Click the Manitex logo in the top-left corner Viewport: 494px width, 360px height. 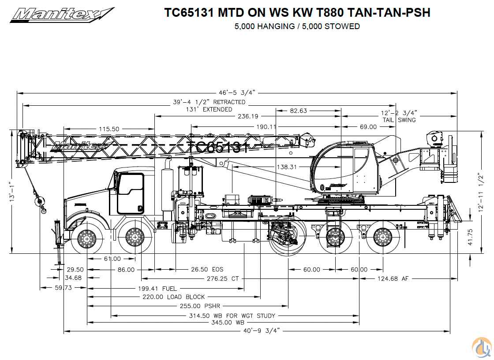coord(62,15)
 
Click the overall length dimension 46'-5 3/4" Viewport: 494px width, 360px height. coord(237,93)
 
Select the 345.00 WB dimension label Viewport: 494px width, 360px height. coord(228,322)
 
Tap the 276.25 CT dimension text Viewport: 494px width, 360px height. coord(223,278)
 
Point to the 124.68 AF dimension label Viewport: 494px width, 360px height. coord(393,278)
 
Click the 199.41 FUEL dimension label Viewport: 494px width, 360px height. coord(157,288)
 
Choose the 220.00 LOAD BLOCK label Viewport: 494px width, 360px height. coord(174,297)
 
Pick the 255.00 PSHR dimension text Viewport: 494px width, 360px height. coord(200,305)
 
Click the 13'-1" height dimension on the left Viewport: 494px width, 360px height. coord(12,192)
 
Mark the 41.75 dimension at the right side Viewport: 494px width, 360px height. coord(470,237)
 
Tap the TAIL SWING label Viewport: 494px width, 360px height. coord(399,120)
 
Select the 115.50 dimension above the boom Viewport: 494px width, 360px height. coord(109,129)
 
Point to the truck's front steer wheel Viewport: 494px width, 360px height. coord(86,238)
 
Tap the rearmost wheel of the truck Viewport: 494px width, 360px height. coord(382,238)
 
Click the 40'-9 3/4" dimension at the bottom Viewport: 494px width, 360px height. coord(262,331)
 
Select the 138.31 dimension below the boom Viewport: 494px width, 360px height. coord(287,167)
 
